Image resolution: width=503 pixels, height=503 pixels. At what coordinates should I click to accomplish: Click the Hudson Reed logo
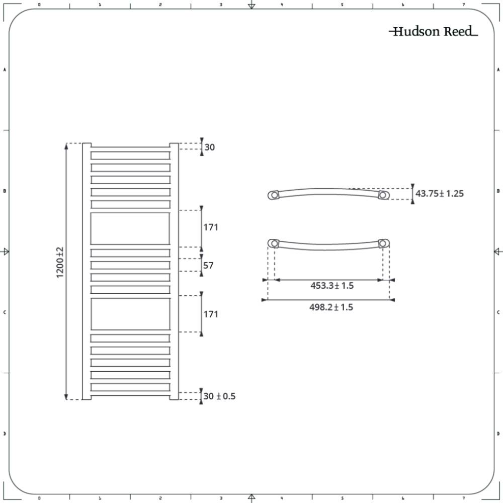pyautogui.click(x=433, y=32)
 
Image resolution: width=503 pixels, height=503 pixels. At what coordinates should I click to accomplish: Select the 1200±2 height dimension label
pyautogui.click(x=60, y=263)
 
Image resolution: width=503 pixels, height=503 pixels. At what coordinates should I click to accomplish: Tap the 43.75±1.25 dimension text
pyautogui.click(x=439, y=193)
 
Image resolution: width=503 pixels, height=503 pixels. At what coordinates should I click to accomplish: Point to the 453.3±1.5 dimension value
pyautogui.click(x=331, y=286)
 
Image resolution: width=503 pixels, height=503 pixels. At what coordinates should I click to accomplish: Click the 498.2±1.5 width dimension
pyautogui.click(x=331, y=307)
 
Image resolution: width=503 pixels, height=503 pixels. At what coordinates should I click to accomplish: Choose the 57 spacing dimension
pyautogui.click(x=208, y=265)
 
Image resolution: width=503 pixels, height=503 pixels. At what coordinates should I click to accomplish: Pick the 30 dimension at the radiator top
pyautogui.click(x=210, y=147)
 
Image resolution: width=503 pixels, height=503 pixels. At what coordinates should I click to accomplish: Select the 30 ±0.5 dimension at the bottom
pyautogui.click(x=219, y=396)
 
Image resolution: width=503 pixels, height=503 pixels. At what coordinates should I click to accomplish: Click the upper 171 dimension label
pyautogui.click(x=211, y=227)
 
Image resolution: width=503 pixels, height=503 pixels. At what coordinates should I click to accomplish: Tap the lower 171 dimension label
pyautogui.click(x=211, y=314)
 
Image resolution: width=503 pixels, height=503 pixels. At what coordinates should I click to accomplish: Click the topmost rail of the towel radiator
pyautogui.click(x=130, y=155)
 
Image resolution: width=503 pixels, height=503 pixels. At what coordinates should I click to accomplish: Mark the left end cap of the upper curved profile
pyautogui.click(x=274, y=195)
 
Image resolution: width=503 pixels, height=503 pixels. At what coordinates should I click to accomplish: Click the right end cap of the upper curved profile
pyautogui.click(x=383, y=195)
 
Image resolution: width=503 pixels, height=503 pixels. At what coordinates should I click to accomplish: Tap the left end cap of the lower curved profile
pyautogui.click(x=274, y=244)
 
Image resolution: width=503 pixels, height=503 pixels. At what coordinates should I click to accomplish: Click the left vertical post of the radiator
pyautogui.click(x=87, y=272)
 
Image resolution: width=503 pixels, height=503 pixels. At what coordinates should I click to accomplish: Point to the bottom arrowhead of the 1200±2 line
pyautogui.click(x=66, y=397)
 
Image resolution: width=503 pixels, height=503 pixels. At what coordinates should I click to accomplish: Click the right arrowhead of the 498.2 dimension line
pyautogui.click(x=392, y=300)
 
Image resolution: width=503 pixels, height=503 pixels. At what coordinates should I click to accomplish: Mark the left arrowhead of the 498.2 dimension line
pyautogui.click(x=265, y=300)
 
